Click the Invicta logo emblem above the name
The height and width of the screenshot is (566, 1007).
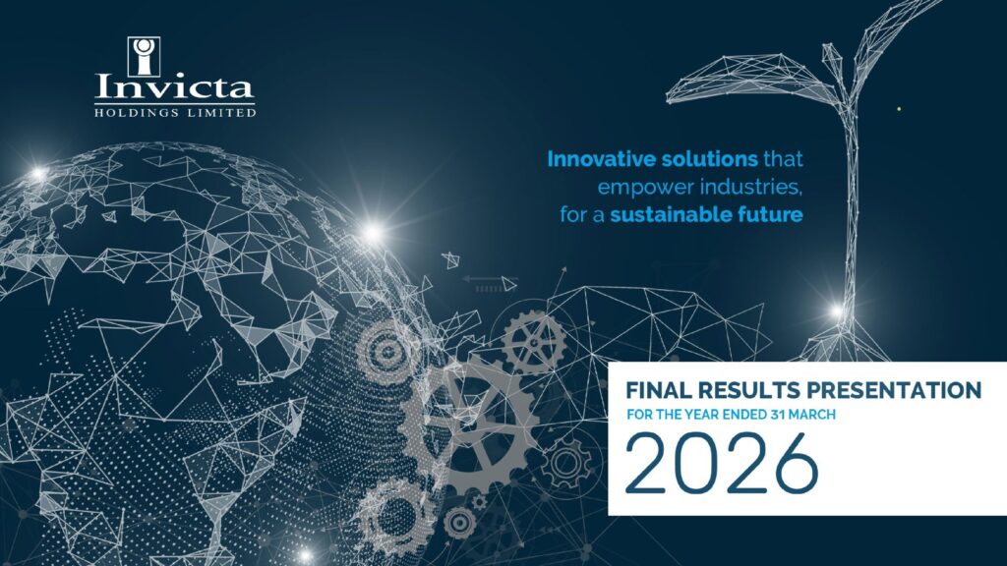pyautogui.click(x=144, y=56)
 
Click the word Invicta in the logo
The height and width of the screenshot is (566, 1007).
pyautogui.click(x=175, y=86)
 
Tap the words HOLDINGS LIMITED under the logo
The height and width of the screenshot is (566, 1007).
pyautogui.click(x=175, y=113)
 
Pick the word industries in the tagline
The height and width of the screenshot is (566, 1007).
pyautogui.click(x=750, y=187)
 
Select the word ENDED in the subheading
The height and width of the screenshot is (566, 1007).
pyautogui.click(x=740, y=415)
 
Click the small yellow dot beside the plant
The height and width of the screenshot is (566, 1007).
pyautogui.click(x=899, y=109)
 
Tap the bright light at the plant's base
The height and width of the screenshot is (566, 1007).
pyautogui.click(x=837, y=311)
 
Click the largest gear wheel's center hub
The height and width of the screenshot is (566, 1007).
pyautogui.click(x=468, y=423)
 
